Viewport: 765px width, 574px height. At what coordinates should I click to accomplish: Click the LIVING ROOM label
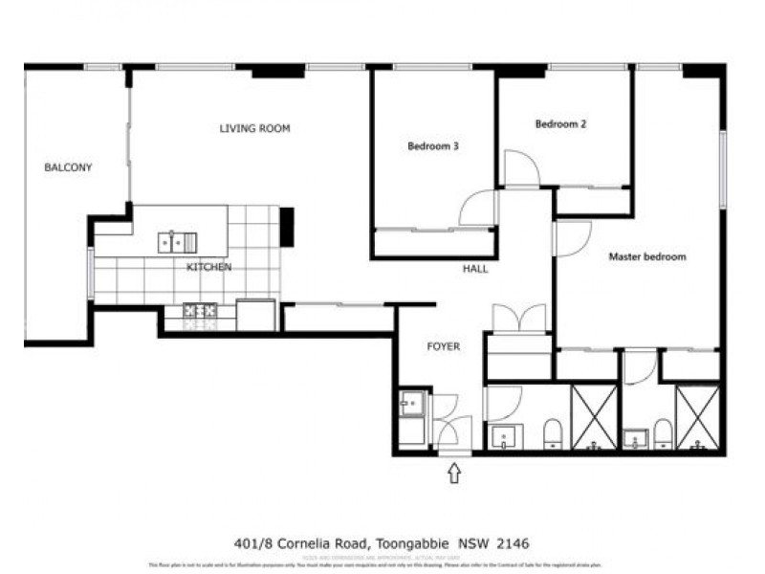[x=254, y=128]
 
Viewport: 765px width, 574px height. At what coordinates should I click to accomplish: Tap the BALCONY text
[x=69, y=167]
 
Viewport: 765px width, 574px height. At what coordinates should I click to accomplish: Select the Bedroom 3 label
[x=433, y=146]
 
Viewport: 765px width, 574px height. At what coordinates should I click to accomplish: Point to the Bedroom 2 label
[x=559, y=123]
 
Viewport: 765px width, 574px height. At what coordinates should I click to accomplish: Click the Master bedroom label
[x=647, y=256]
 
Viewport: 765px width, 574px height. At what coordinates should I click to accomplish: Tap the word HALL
[x=474, y=269]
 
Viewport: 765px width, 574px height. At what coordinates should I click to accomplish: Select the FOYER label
[x=443, y=346]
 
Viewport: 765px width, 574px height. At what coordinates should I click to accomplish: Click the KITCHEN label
[x=208, y=267]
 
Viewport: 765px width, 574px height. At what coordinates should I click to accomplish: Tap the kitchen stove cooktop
[x=200, y=310]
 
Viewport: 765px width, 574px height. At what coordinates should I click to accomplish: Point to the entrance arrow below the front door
[x=454, y=473]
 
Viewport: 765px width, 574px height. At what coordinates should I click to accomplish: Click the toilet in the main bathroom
[x=553, y=435]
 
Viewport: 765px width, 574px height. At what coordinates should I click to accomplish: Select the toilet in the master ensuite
[x=662, y=435]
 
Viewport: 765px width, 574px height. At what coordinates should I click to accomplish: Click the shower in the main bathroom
[x=594, y=417]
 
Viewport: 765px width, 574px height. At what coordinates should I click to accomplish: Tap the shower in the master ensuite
[x=697, y=417]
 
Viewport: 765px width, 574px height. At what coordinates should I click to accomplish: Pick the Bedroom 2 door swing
[x=521, y=169]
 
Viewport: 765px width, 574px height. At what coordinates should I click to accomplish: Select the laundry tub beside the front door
[x=412, y=403]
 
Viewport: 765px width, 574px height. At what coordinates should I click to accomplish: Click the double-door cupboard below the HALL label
[x=518, y=319]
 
